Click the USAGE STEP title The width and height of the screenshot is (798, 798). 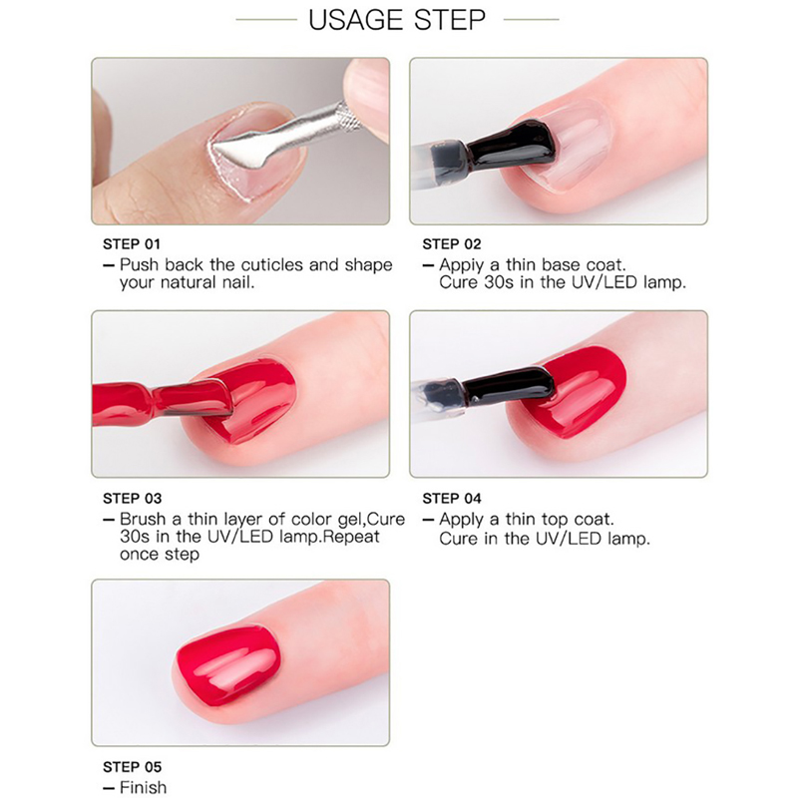[x=397, y=20]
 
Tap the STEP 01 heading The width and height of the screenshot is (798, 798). [x=132, y=244]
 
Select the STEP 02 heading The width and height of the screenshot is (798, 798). [x=452, y=244]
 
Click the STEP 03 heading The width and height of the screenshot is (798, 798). [x=132, y=498]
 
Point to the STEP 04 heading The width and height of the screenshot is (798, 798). [x=452, y=498]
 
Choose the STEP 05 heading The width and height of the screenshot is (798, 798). [x=132, y=767]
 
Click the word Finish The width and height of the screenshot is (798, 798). [x=143, y=787]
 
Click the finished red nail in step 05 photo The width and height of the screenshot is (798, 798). [x=228, y=664]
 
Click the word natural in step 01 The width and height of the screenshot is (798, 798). [x=189, y=282]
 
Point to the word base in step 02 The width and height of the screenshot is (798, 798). [x=561, y=265]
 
